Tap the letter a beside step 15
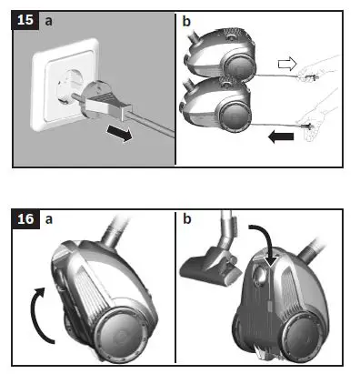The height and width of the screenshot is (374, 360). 49,18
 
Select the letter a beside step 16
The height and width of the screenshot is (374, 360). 49,220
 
